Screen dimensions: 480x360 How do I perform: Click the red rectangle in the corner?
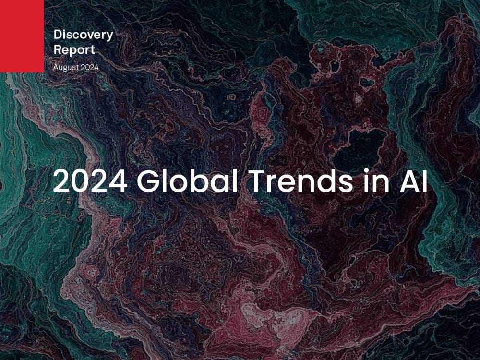[x=22, y=36]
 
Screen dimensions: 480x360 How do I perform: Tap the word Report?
[x=74, y=50]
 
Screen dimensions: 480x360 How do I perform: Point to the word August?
[x=63, y=68]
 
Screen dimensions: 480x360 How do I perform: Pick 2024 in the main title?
[x=90, y=180]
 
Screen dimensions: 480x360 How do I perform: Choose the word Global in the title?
[x=187, y=180]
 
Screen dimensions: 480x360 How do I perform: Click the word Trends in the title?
[x=301, y=180]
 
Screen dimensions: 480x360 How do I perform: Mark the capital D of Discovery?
[x=58, y=34]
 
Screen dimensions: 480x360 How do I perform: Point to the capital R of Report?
[x=58, y=49]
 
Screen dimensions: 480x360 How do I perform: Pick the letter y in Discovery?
[x=109, y=37]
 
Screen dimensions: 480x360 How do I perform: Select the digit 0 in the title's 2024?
[x=81, y=180]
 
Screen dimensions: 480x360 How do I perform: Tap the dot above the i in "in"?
[x=367, y=171]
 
